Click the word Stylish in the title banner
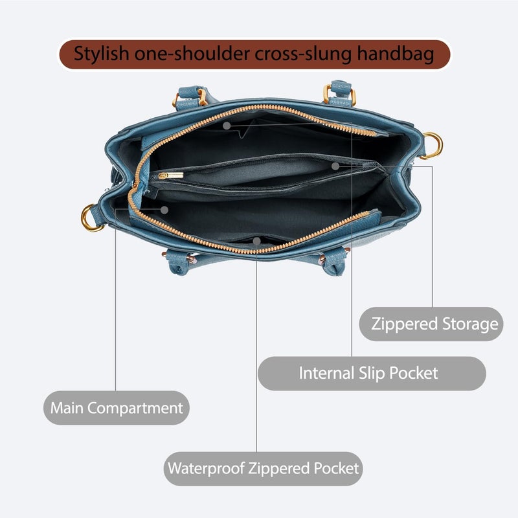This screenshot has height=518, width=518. click(x=101, y=54)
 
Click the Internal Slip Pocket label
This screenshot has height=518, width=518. click(x=372, y=374)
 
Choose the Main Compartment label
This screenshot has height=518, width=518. click(x=117, y=408)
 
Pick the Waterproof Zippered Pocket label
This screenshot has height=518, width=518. click(x=263, y=468)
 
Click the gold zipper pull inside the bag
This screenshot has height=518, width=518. click(x=171, y=175)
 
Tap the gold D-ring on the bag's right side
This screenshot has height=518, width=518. click(x=433, y=146)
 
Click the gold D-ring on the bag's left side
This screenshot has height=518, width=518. click(x=90, y=218)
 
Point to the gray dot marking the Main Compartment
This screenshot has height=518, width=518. click(x=164, y=210)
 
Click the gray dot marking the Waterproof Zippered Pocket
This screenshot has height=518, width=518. click(x=256, y=241)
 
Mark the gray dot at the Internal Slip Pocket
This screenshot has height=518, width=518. click(x=226, y=126)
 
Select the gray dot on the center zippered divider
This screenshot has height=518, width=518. click(x=335, y=166)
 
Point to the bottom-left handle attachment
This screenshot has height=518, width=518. click(x=179, y=261)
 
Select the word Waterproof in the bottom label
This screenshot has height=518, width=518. click(x=206, y=468)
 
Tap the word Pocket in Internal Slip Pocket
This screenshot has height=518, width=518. click(x=413, y=374)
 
